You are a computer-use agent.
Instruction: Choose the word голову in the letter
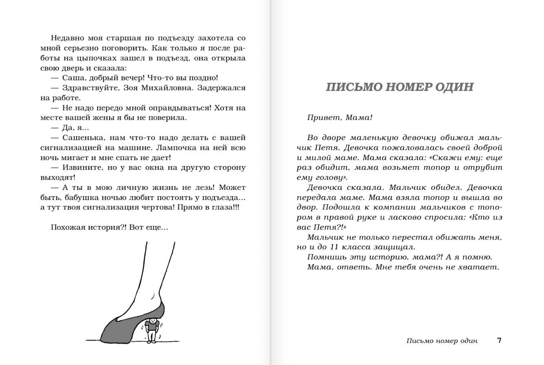pyautogui.click(x=329, y=178)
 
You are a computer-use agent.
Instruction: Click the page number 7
pyautogui.click(x=499, y=341)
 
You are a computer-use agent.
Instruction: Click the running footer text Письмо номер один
pyautogui.click(x=442, y=341)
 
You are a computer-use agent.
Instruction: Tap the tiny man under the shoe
pyautogui.click(x=151, y=330)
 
